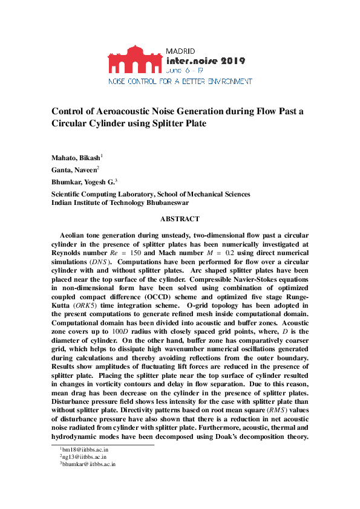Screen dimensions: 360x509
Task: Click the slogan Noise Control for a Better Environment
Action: coord(180,80)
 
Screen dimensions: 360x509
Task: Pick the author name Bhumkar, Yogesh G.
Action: coord(82,182)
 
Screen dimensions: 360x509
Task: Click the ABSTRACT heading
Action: coord(180,219)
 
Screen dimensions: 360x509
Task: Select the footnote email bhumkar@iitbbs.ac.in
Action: coord(89,465)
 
